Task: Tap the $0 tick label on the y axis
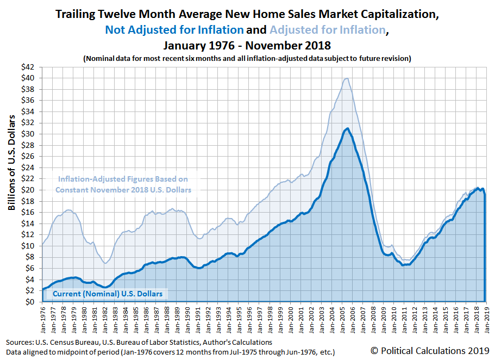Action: [32, 302]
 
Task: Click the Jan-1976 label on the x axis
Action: [43, 320]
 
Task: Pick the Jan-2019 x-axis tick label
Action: [486, 320]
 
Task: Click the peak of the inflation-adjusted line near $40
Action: [346, 78]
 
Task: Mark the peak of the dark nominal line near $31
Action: [347, 128]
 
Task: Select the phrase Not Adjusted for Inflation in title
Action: [174, 29]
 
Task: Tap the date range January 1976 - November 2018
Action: [247, 44]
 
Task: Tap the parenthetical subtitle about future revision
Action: [247, 58]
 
